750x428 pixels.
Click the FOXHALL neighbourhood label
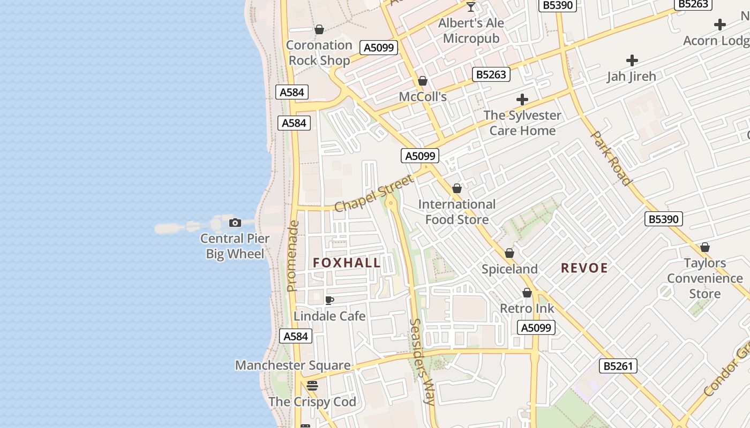click(347, 263)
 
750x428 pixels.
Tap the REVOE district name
click(584, 268)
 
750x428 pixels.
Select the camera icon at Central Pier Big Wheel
click(235, 223)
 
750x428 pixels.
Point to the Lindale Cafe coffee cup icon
click(329, 300)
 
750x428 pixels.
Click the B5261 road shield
click(618, 366)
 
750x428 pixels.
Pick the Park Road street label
click(611, 158)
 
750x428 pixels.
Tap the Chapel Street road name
click(374, 193)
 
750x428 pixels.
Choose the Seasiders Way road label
click(422, 362)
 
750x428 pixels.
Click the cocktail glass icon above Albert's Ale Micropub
click(471, 7)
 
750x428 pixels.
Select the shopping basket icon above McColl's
click(423, 81)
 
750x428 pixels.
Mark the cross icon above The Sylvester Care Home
click(522, 100)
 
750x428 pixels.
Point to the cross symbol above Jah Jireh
click(632, 60)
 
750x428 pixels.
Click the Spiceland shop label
click(509, 269)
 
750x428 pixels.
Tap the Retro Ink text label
click(527, 308)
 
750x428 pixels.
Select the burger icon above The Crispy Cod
click(312, 385)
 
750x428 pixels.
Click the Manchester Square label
click(293, 365)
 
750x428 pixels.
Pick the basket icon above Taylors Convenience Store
click(705, 247)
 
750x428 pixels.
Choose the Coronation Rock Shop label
click(319, 52)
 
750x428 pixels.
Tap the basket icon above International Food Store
click(457, 188)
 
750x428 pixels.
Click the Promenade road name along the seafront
click(292, 256)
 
